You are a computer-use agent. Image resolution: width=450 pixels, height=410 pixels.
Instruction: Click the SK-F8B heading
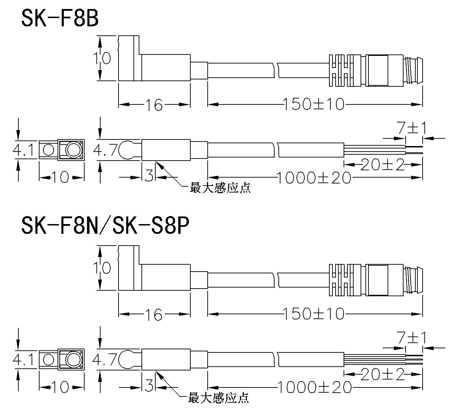point(60,18)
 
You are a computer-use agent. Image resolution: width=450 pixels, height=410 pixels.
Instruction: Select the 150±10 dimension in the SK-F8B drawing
point(314,104)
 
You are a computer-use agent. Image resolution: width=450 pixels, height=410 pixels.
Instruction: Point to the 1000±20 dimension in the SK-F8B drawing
point(314,178)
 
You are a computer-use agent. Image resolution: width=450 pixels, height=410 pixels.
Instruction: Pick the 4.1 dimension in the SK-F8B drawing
point(24,151)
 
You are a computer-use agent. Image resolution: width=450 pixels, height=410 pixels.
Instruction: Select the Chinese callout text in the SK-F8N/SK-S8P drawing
point(218,398)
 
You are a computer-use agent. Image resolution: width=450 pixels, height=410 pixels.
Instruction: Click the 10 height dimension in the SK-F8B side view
point(102,58)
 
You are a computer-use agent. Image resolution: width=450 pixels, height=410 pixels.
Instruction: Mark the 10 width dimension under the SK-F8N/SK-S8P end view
point(61,387)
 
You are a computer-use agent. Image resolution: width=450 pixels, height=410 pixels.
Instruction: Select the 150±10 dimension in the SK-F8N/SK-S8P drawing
point(314,314)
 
